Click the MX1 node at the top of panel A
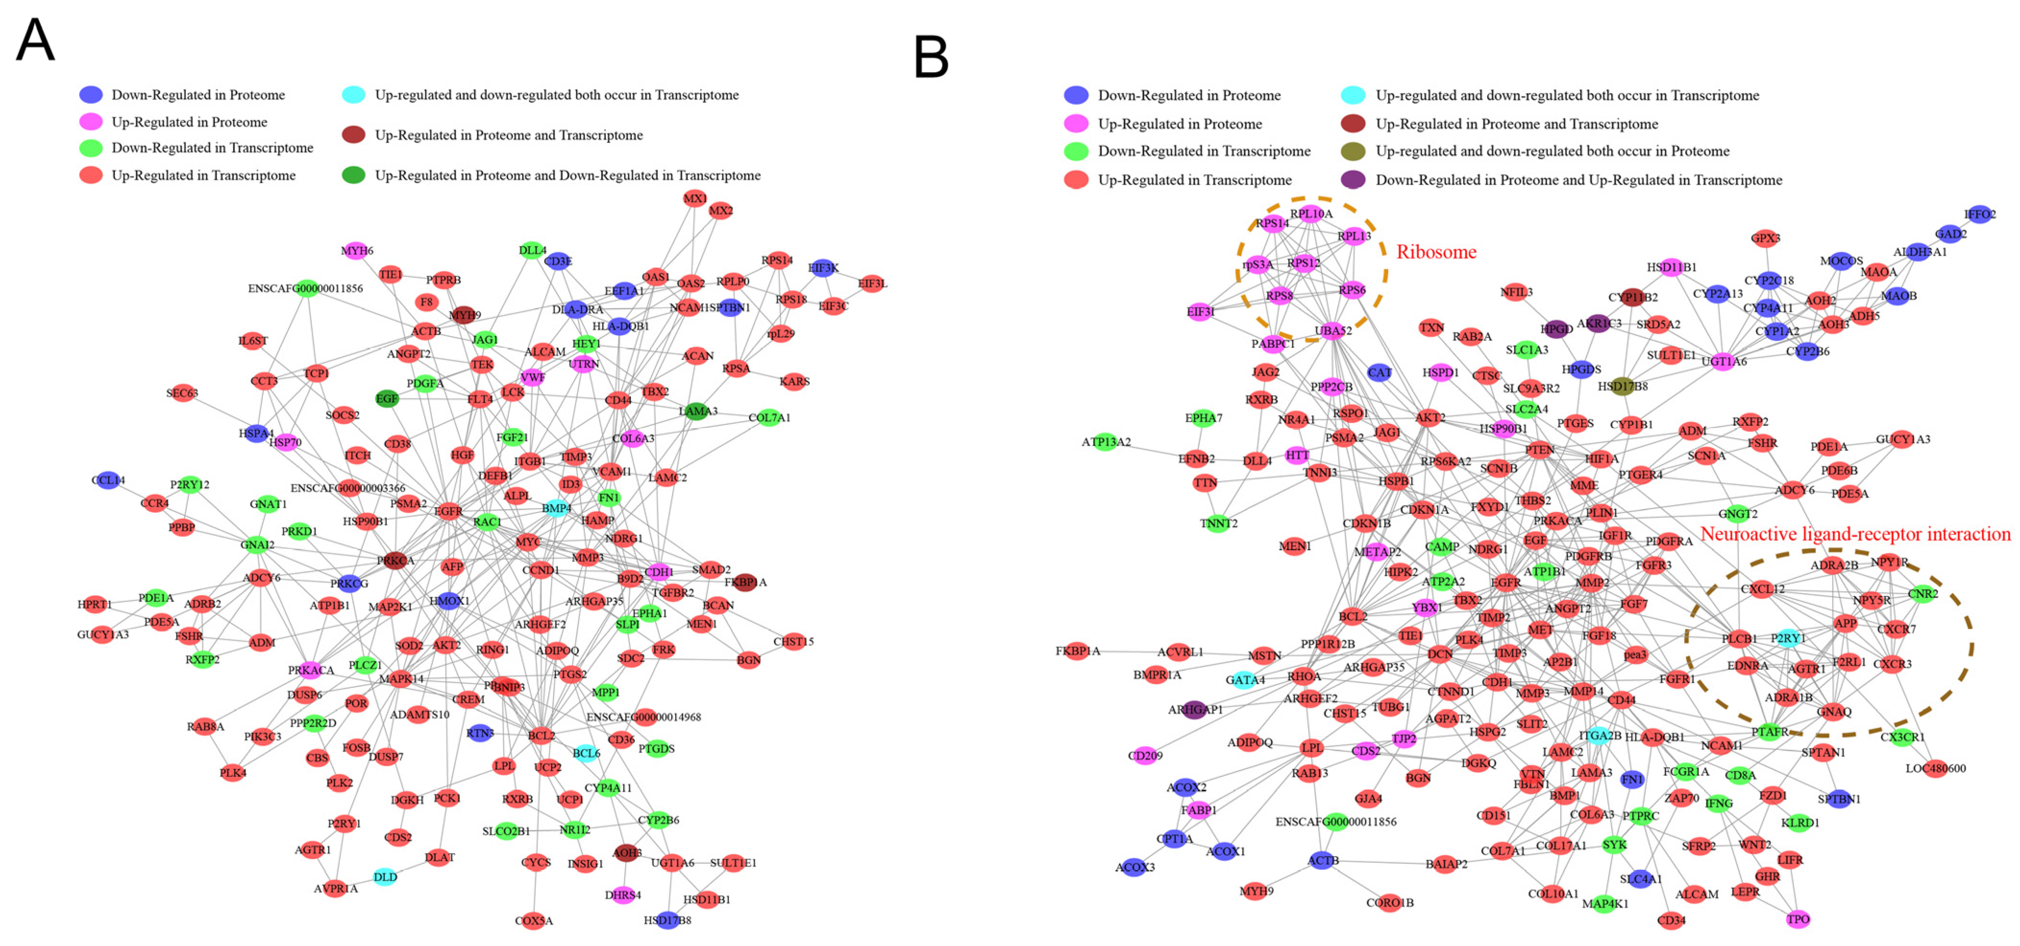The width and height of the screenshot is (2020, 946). pyautogui.click(x=695, y=199)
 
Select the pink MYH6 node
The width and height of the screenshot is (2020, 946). pyautogui.click(x=357, y=251)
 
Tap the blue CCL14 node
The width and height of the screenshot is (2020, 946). pyautogui.click(x=108, y=480)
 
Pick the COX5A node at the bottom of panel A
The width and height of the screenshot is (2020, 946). pyautogui.click(x=534, y=920)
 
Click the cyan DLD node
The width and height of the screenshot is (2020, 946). pyautogui.click(x=385, y=877)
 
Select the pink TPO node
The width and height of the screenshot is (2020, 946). pyautogui.click(x=1798, y=919)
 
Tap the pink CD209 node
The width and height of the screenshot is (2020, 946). pyautogui.click(x=1145, y=755)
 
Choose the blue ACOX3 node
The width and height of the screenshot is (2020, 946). pyautogui.click(x=1134, y=867)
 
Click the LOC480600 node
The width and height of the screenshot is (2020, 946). pyautogui.click(x=1935, y=768)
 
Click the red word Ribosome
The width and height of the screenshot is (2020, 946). pyautogui.click(x=1436, y=252)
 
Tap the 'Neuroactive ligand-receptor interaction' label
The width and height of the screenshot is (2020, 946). pyautogui.click(x=1855, y=534)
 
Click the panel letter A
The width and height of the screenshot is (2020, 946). pyautogui.click(x=35, y=39)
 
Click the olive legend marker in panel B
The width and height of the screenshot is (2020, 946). pyautogui.click(x=1353, y=151)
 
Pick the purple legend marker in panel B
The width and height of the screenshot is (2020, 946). pyautogui.click(x=1353, y=180)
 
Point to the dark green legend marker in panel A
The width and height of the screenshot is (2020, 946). pyautogui.click(x=354, y=175)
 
